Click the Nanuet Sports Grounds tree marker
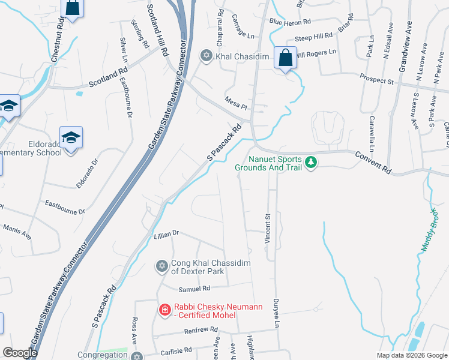[310, 162]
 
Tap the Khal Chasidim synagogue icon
[206, 55]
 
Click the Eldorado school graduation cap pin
[71, 138]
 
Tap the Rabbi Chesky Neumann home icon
[164, 310]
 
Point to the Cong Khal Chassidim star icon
[161, 266]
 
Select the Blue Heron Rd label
[290, 22]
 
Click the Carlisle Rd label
[175, 350]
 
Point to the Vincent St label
[268, 227]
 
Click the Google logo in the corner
[20, 353]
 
